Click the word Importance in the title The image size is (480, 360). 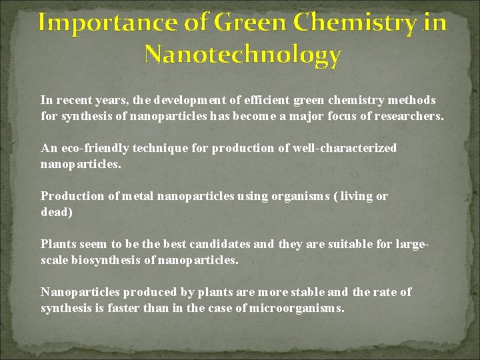[x=89, y=23]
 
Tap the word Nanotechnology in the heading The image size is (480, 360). [x=243, y=55]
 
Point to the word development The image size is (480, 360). [x=190, y=100]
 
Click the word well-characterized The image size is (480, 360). [x=344, y=148]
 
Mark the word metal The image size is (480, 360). [x=133, y=196]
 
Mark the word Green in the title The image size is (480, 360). [x=253, y=23]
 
